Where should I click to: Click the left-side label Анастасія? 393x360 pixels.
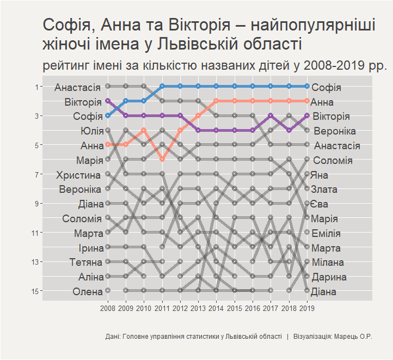click(77, 87)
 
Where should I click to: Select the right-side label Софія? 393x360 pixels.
click(327, 87)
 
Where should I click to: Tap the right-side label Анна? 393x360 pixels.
click(323, 102)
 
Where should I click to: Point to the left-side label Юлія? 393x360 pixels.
click(91, 131)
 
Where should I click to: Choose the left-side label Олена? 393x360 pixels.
click(87, 291)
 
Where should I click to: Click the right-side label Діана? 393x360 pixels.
click(324, 291)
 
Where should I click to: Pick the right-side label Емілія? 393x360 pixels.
click(326, 234)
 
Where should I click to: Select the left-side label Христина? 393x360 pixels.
click(78, 175)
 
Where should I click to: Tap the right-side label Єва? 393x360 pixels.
click(320, 204)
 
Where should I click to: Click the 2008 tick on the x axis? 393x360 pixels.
click(108, 309)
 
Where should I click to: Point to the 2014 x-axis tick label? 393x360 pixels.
click(216, 309)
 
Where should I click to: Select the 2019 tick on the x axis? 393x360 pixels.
click(307, 309)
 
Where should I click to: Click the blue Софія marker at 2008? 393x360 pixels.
click(108, 115)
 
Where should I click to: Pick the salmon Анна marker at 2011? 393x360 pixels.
click(162, 159)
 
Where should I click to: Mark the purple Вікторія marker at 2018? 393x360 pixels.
click(289, 130)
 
